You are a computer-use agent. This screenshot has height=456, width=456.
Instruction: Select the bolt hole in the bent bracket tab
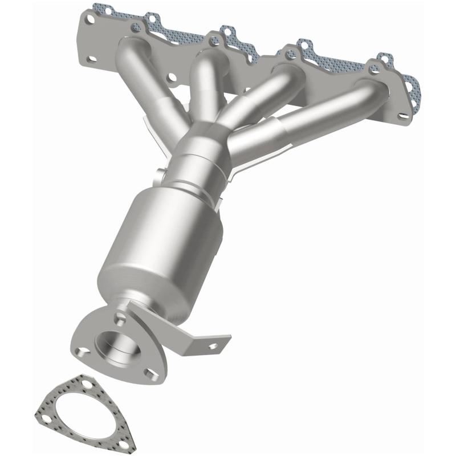coord(213,345)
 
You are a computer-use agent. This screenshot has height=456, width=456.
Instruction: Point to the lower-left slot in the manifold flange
coord(92,58)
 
